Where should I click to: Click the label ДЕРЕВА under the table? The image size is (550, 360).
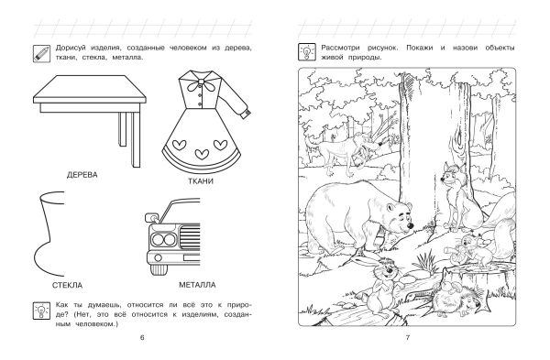(82, 175)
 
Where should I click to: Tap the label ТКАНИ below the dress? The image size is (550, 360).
(201, 181)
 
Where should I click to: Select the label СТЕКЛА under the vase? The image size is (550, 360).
(67, 285)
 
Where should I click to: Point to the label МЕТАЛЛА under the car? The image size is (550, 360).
(197, 285)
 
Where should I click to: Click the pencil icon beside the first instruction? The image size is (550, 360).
(41, 53)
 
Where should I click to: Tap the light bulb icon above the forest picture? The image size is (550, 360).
(307, 52)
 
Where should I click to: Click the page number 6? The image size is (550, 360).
(142, 338)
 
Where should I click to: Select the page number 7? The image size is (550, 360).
(408, 338)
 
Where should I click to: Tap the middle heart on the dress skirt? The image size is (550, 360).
(202, 153)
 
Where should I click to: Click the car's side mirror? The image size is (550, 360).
(151, 217)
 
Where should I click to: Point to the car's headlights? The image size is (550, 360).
(163, 240)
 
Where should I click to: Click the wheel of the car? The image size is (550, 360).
(159, 269)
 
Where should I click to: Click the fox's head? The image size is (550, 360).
(450, 175)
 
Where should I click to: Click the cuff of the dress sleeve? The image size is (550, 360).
(247, 113)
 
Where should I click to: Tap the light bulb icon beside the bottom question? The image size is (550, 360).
(41, 311)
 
